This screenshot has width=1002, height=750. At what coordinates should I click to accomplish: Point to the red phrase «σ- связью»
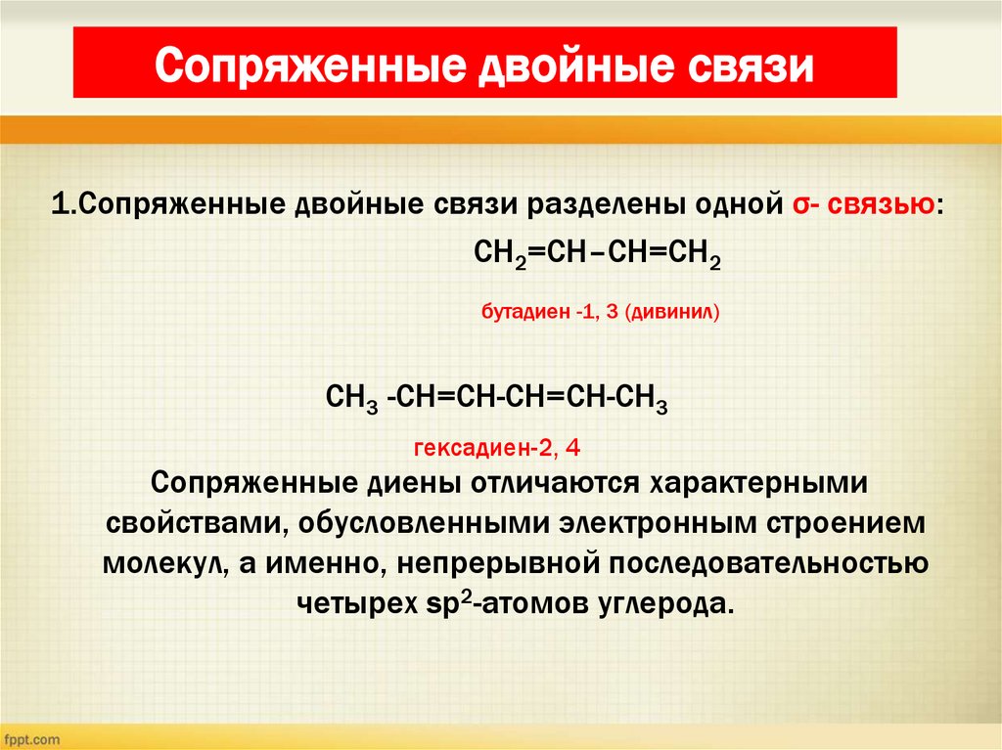click(x=860, y=206)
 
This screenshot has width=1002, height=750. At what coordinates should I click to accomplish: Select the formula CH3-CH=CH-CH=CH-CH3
click(x=497, y=401)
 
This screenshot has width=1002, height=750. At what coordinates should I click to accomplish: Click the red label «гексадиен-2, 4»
click(x=498, y=450)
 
